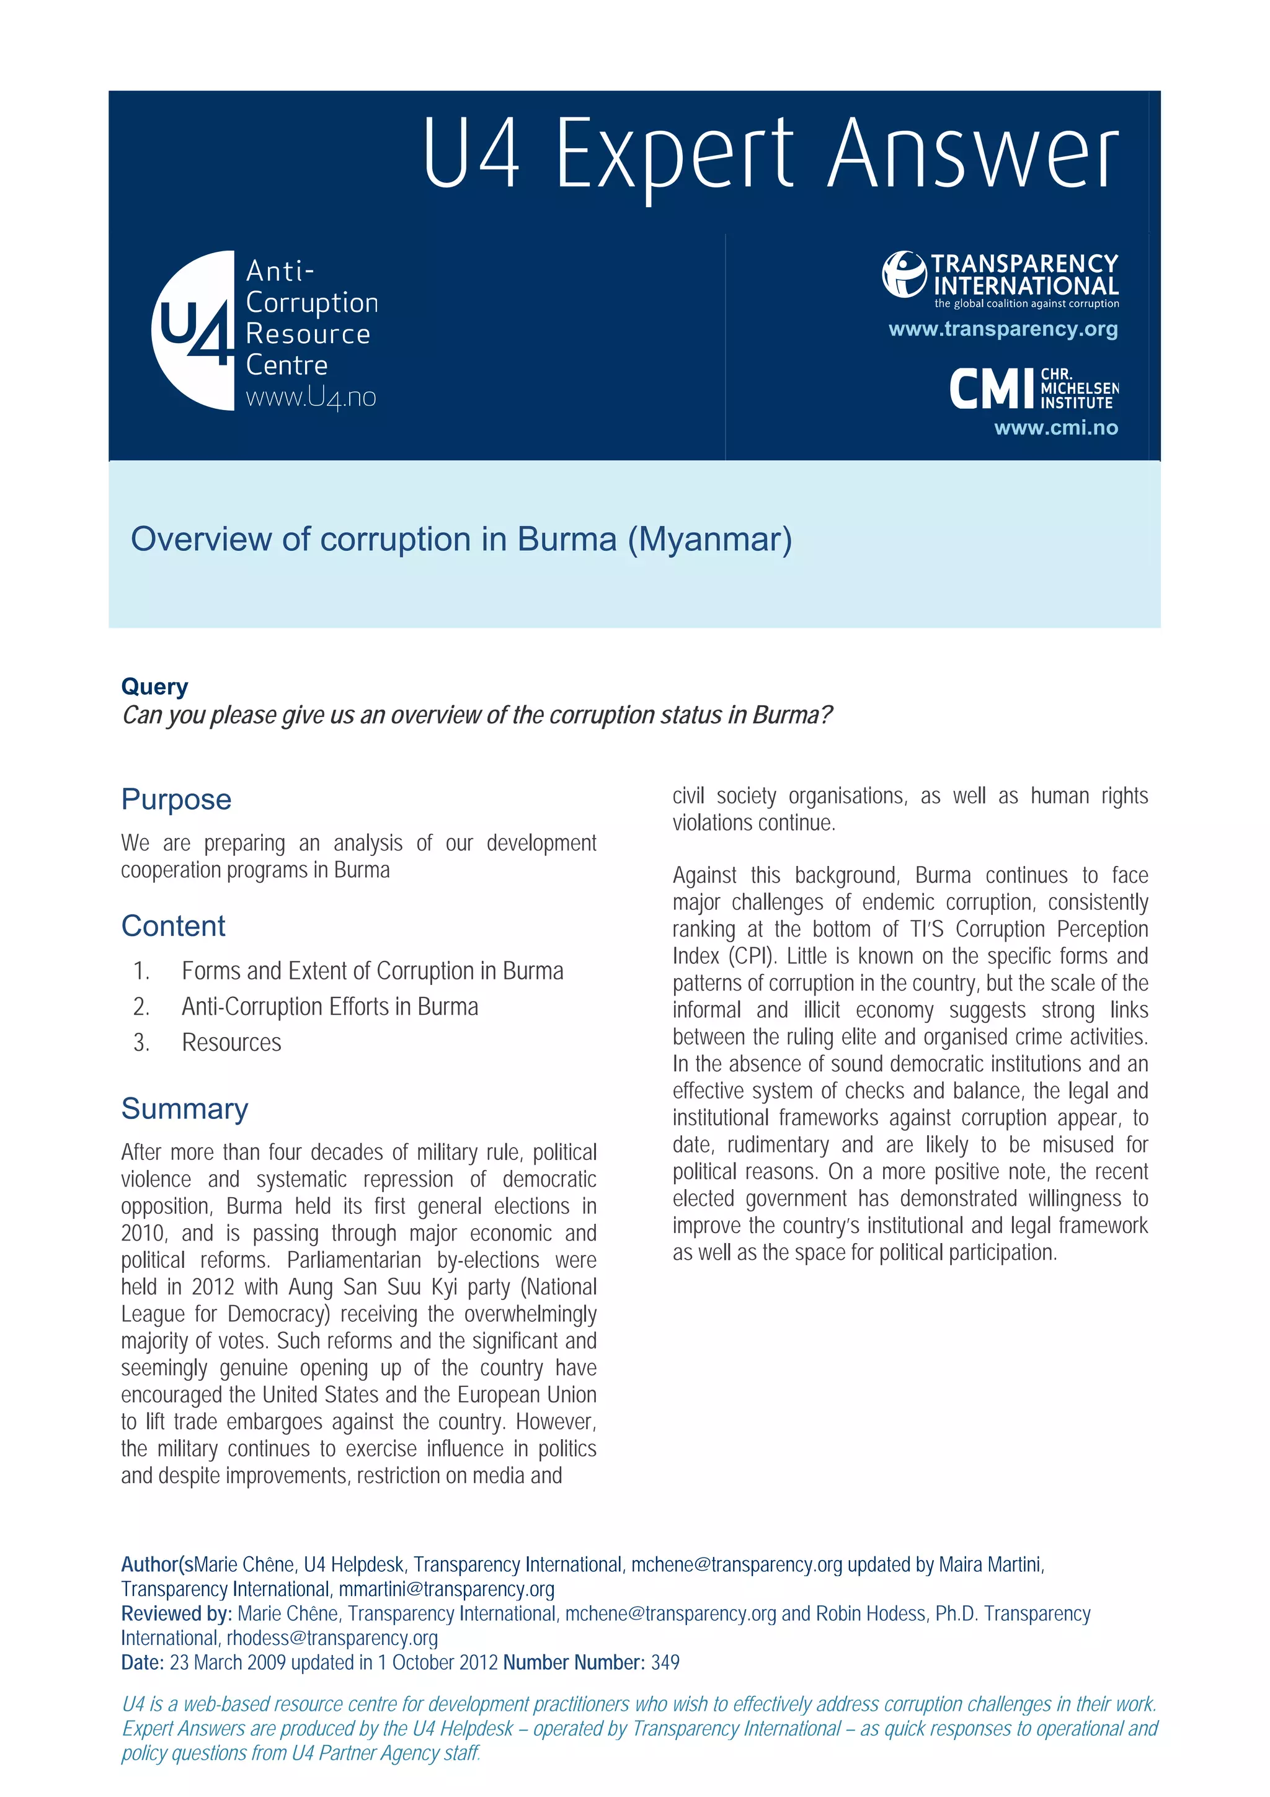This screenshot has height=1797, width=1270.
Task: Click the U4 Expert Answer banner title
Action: pyautogui.click(x=770, y=154)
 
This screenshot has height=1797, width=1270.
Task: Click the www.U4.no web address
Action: pyautogui.click(x=311, y=398)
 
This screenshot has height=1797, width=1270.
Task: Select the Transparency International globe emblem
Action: pyautogui.click(x=904, y=274)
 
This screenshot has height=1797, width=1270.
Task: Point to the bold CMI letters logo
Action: pyautogui.click(x=992, y=389)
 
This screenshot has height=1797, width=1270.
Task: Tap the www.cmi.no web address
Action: pyautogui.click(x=1055, y=427)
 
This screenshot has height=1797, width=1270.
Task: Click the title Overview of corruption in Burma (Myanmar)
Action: pyautogui.click(x=461, y=539)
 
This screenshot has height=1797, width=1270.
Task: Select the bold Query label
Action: pyautogui.click(x=154, y=687)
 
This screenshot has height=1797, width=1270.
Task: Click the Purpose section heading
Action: pyautogui.click(x=176, y=799)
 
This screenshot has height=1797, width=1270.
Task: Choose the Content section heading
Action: pyautogui.click(x=173, y=926)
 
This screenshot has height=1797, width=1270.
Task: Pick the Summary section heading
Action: pyautogui.click(x=185, y=1108)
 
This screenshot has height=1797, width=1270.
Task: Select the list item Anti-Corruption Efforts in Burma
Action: pyautogui.click(x=329, y=1007)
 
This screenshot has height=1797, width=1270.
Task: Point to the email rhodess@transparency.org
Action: pyautogui.click(x=332, y=1638)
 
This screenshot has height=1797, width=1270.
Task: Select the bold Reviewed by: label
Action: pyautogui.click(x=176, y=1614)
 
